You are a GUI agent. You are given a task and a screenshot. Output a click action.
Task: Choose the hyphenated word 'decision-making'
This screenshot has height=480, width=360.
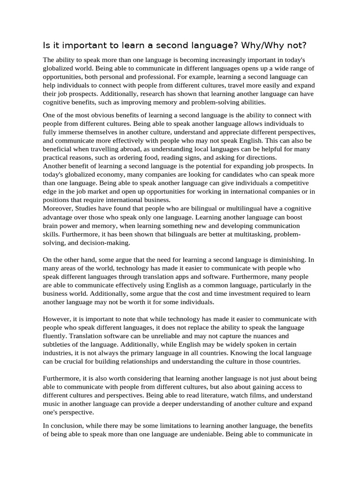coord(104,242)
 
